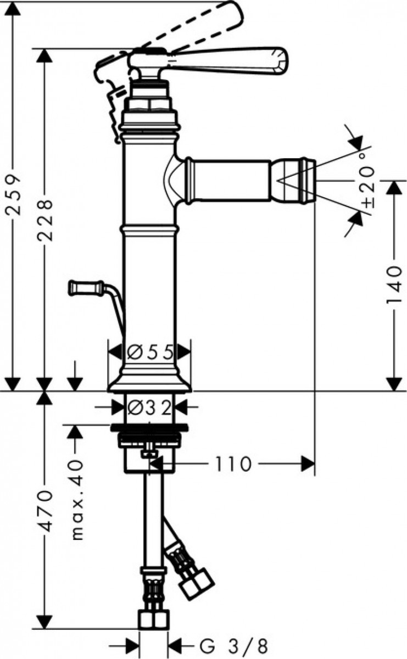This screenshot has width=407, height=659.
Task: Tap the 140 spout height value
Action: (x=393, y=286)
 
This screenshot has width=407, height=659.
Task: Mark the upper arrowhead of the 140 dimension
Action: (x=393, y=188)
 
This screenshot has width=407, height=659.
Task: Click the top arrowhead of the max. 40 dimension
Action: (x=75, y=431)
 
